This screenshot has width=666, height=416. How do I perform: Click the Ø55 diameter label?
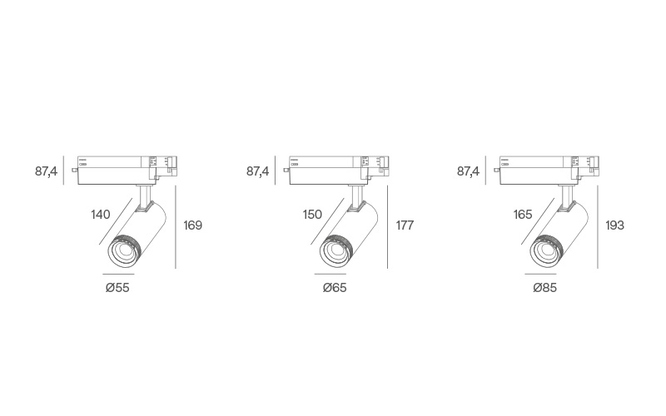117,288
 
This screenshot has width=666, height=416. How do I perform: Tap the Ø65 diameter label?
335,288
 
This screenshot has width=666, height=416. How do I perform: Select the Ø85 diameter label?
545,288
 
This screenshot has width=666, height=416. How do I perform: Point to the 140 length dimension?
101,215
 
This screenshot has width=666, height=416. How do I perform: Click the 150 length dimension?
312,215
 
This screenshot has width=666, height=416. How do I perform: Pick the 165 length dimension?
523,215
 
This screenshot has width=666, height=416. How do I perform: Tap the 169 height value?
193,225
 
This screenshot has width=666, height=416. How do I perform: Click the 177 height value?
405,225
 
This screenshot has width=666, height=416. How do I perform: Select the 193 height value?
615,225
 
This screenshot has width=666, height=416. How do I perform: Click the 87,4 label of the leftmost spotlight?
46,171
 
